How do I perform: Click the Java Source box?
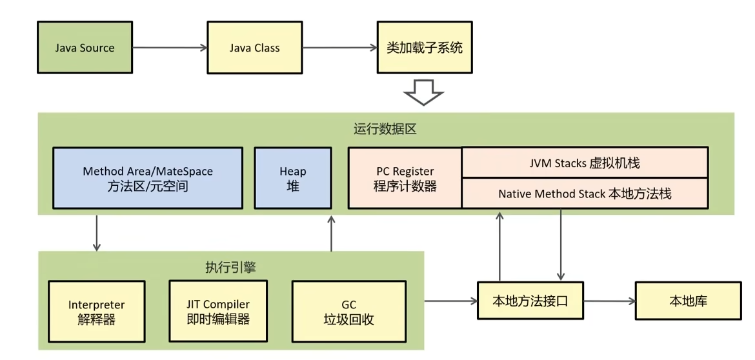coord(85,48)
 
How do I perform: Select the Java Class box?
coord(254,48)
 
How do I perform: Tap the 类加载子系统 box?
coord(424,48)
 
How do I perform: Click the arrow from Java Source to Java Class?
coord(169,48)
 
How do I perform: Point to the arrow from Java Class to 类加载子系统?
coord(339,48)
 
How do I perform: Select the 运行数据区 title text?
coord(385,129)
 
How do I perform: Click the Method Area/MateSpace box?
coord(148,178)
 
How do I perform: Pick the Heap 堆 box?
coord(292,178)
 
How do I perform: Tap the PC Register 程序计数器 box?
coord(405,178)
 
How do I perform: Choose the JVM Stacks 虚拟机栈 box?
coord(585,163)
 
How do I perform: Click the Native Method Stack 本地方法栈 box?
coord(585,194)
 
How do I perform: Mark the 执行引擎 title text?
coord(230,266)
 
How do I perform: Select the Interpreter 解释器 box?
coord(96,312)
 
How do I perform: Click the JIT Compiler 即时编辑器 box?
coord(217,312)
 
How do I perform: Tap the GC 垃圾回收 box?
coord(348,312)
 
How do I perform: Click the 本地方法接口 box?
coord(530,301)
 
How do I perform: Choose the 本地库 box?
coord(688,301)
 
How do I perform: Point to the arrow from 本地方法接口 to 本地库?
coord(609,301)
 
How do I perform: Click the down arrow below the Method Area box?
coord(97,232)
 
